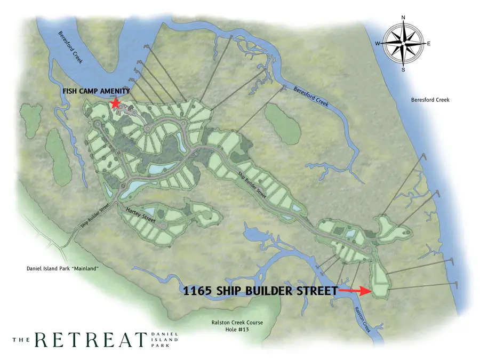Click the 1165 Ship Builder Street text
click(260, 291)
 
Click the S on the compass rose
click(403, 69)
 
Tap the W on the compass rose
click(378, 43)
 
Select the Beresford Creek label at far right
click(430, 100)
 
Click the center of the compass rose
click(403, 43)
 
